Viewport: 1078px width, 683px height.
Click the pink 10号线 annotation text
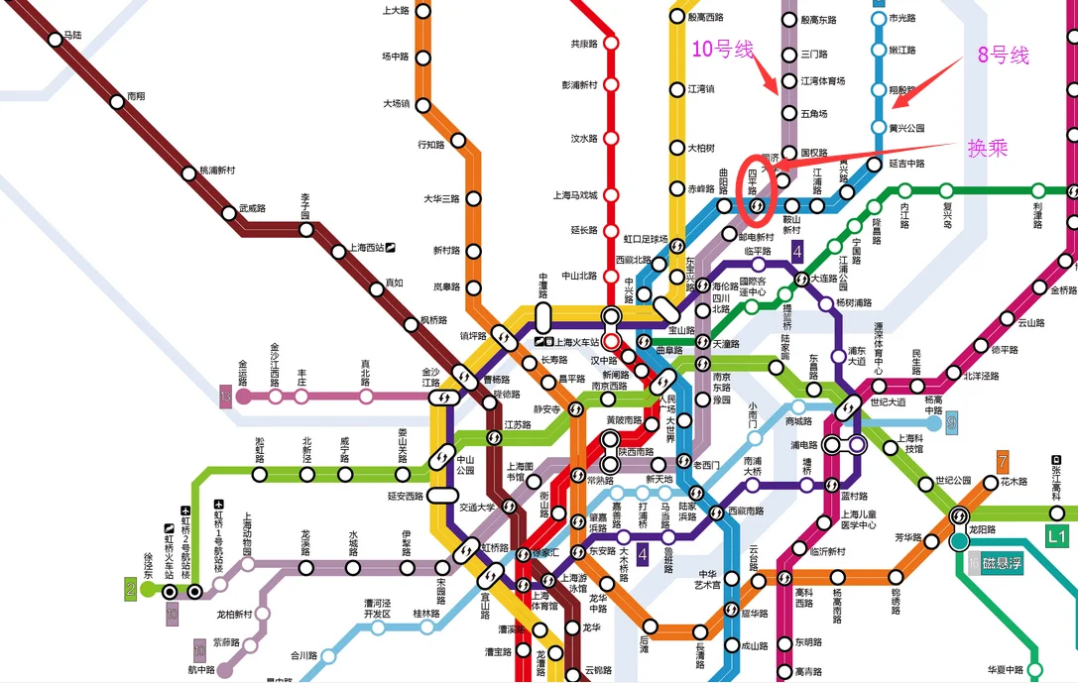pos(723,50)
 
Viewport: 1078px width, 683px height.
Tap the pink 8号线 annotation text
pos(1004,56)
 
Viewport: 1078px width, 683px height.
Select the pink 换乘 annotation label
pos(988,147)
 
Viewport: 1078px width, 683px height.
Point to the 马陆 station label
pos(71,36)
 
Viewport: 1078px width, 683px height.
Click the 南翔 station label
pos(136,97)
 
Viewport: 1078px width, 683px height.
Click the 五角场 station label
pos(813,114)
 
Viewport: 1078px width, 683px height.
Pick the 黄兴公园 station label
pos(906,129)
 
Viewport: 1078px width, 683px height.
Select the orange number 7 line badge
pos(1003,460)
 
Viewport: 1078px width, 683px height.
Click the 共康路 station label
pos(584,44)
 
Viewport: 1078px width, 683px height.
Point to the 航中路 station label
pos(202,669)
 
